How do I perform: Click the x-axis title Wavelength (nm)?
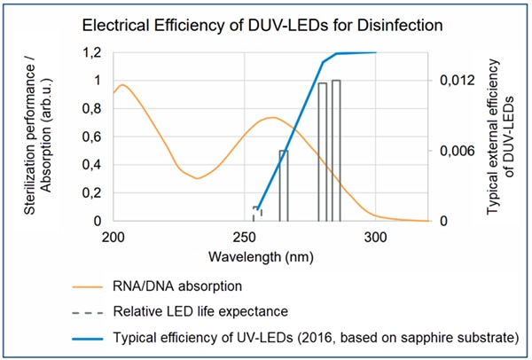click(245, 257)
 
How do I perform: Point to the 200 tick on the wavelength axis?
click(113, 238)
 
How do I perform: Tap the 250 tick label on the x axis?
click(245, 238)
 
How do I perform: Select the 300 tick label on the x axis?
click(376, 238)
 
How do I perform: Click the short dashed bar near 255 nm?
click(257, 214)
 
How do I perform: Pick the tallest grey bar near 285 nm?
click(337, 151)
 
